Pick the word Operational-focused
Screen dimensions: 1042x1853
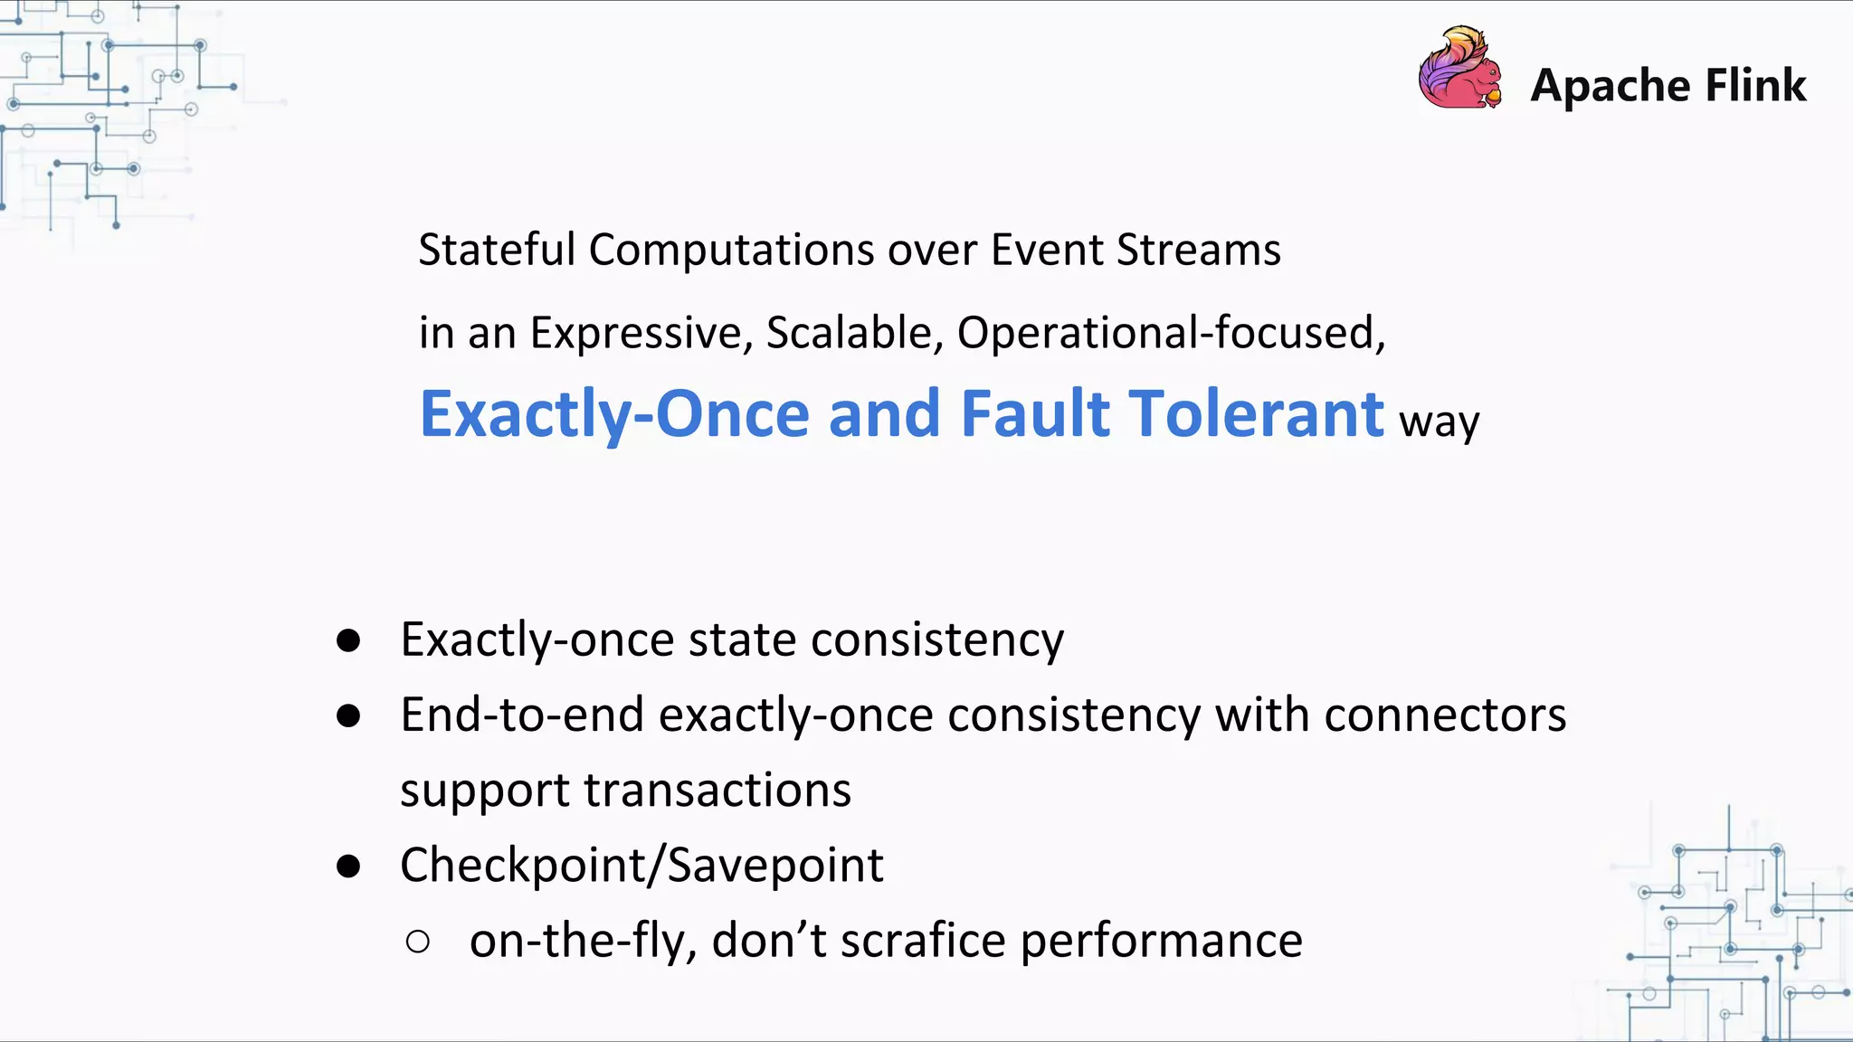click(x=1171, y=333)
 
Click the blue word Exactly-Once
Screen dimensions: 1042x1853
click(x=614, y=414)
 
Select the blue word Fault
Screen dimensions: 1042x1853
click(x=1034, y=414)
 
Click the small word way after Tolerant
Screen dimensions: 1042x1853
click(x=1440, y=422)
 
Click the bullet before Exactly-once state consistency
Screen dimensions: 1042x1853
click(x=348, y=641)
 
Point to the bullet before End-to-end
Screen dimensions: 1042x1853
click(x=348, y=716)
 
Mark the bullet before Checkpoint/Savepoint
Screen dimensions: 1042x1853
click(x=348, y=867)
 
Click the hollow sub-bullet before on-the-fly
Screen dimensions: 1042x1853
click(x=418, y=942)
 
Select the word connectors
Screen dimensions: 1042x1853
click(x=1445, y=715)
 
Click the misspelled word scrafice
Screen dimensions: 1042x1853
click(x=923, y=941)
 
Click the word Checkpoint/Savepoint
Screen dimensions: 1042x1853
click(x=641, y=866)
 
